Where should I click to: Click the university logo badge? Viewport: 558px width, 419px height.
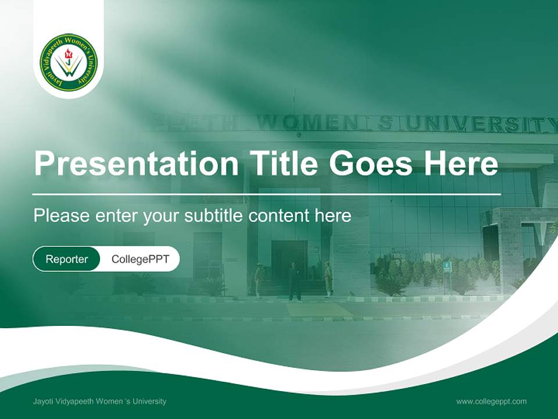click(69, 62)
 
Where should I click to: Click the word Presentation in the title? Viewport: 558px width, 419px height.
click(136, 163)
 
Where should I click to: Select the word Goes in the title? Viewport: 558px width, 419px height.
click(370, 163)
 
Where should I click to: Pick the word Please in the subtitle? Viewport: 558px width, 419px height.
click(62, 215)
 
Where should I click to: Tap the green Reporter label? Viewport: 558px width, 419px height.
click(66, 259)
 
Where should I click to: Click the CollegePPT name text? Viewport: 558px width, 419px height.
click(140, 259)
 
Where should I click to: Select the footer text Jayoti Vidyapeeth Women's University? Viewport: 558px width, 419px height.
click(99, 401)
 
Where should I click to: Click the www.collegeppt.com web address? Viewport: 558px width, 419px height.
click(491, 402)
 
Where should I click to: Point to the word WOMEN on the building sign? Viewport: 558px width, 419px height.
click(308, 123)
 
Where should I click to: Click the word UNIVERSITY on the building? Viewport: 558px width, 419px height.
click(481, 125)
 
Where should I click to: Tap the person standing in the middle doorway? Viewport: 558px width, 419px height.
click(294, 282)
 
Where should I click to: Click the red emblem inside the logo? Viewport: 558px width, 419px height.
click(68, 55)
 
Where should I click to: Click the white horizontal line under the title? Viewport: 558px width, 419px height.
click(267, 194)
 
